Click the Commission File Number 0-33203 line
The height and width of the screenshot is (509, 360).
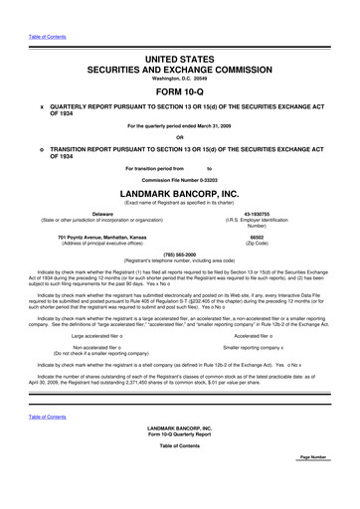[179, 178]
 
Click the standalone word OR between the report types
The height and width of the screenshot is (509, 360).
[179, 136]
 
